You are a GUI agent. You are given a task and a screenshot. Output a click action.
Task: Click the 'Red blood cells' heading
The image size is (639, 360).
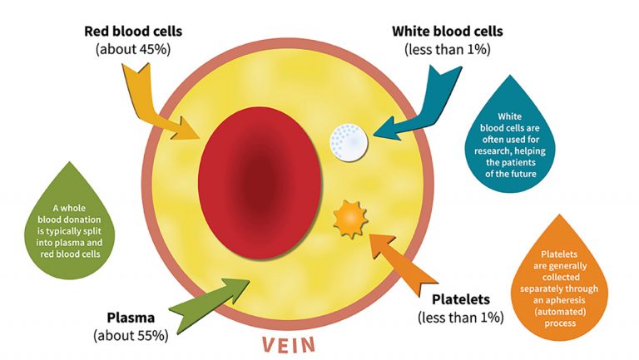point(132,32)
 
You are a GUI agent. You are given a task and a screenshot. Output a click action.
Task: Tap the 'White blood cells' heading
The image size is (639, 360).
point(447,32)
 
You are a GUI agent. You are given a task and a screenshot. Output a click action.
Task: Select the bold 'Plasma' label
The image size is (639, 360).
point(132,318)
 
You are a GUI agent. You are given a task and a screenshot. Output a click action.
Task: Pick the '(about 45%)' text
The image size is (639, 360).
point(132,49)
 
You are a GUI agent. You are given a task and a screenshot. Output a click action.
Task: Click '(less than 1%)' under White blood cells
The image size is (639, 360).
point(447,49)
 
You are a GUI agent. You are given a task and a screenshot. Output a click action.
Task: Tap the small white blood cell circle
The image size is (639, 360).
point(349,141)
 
